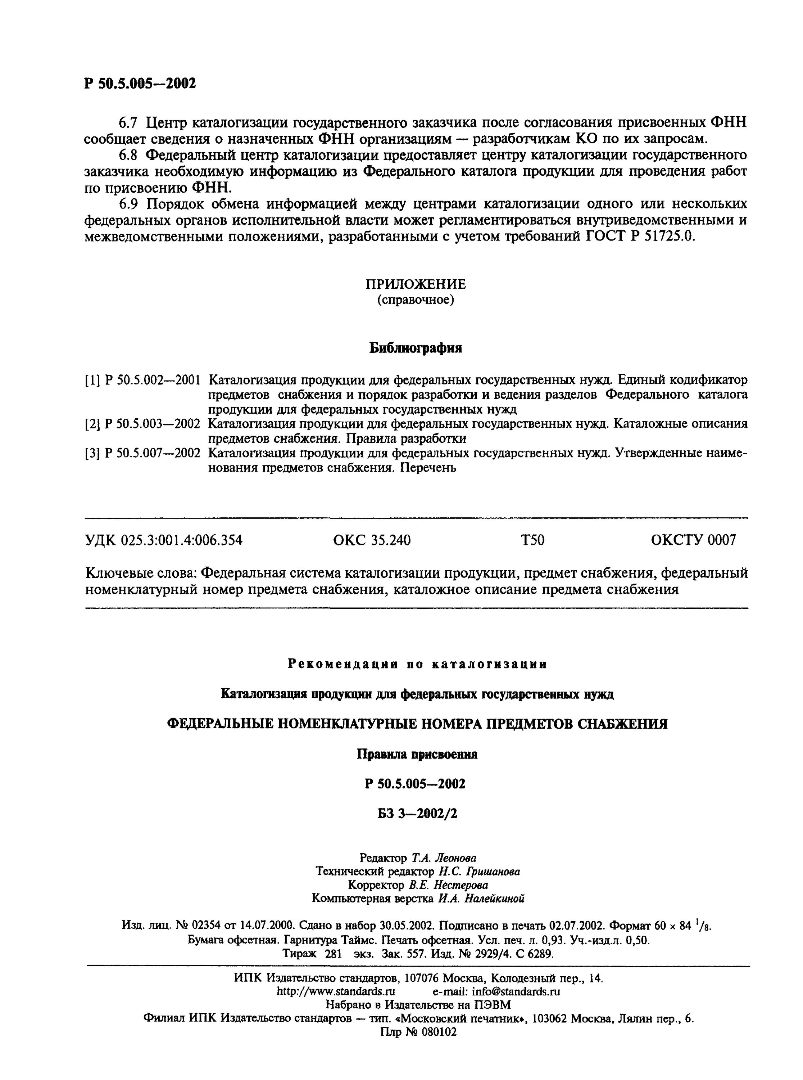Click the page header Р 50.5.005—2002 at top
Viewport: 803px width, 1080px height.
140,84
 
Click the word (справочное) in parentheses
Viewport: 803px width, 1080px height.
416,300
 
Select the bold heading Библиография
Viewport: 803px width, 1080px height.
416,348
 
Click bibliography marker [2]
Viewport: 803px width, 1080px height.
92,424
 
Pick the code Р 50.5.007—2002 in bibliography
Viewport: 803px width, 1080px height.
152,453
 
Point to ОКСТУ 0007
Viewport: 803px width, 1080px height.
693,540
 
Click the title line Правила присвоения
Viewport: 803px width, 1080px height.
417,754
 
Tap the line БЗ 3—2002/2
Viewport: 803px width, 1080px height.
417,814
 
